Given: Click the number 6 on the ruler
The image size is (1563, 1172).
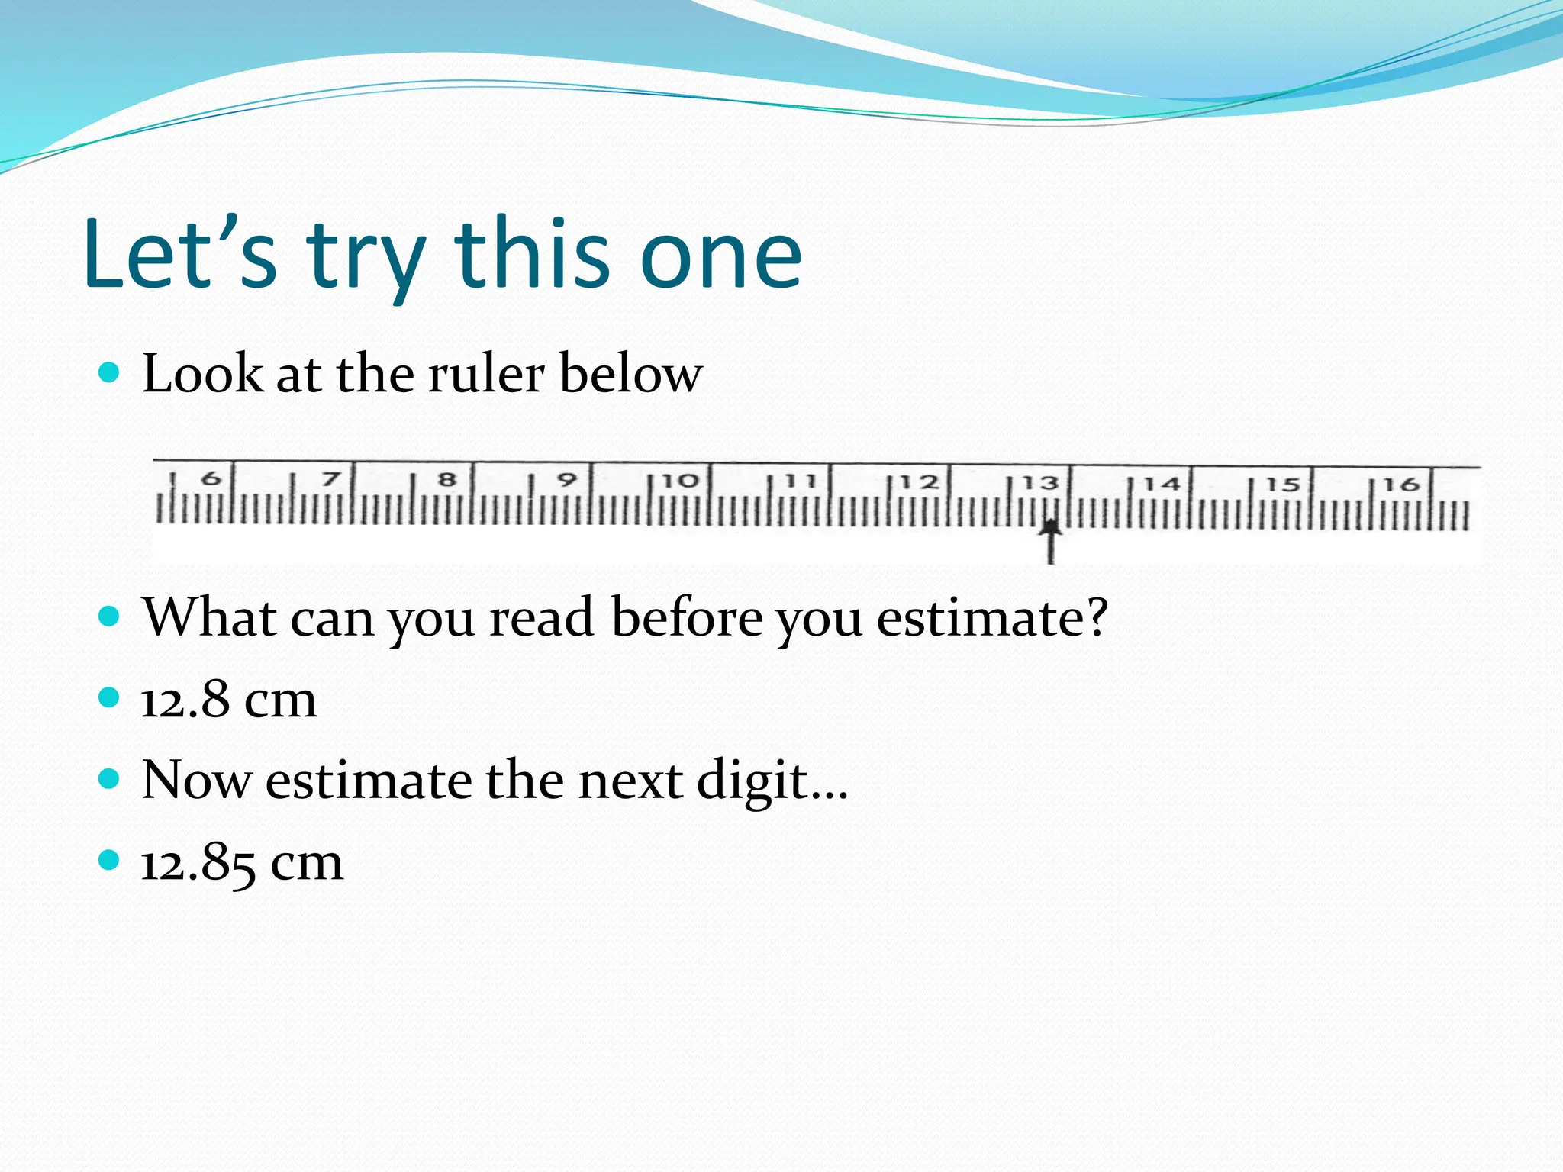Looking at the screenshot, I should pyautogui.click(x=211, y=479).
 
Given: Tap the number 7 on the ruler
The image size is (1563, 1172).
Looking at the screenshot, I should pyautogui.click(x=330, y=479).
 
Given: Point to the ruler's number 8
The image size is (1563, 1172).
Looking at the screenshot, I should pyautogui.click(x=448, y=480).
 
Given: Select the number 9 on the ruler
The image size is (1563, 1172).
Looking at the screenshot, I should pyautogui.click(x=566, y=480).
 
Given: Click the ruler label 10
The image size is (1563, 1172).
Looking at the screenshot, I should pyautogui.click(x=680, y=481).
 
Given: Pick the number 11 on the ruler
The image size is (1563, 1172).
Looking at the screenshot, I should pyautogui.click(x=801, y=481).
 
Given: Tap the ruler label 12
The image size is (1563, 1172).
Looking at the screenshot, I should pyautogui.click(x=919, y=482).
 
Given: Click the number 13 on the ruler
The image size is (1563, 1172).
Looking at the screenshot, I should pyautogui.click(x=1040, y=483).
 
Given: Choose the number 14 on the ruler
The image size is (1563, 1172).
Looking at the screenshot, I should pyautogui.click(x=1161, y=484).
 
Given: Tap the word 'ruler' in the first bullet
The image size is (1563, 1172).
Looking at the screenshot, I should pyautogui.click(x=485, y=374).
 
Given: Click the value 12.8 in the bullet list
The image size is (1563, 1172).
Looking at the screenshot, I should pyautogui.click(x=185, y=699).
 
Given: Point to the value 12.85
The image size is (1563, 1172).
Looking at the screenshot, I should pyautogui.click(x=198, y=863).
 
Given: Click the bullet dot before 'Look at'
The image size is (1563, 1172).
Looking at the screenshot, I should pyautogui.click(x=110, y=373).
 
